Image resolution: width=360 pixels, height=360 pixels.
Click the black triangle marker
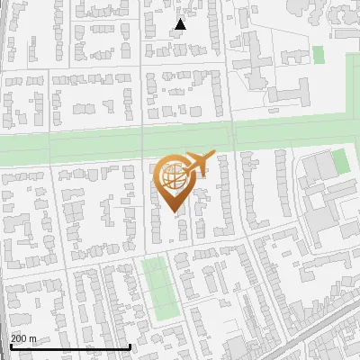pyautogui.click(x=180, y=24)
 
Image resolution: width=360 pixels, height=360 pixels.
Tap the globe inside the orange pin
pyautogui.click(x=172, y=177)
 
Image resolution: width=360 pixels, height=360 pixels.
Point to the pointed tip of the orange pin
pyautogui.click(x=172, y=212)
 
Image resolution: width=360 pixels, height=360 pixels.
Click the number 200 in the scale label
pyautogui.click(x=17, y=338)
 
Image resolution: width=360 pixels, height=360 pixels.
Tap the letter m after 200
pyautogui.click(x=33, y=338)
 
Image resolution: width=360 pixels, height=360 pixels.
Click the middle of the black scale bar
pyautogui.click(x=69, y=346)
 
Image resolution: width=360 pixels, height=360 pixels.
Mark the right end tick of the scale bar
pyautogui.click(x=130, y=346)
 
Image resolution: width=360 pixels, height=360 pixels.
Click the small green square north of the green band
pyautogui.click(x=318, y=54)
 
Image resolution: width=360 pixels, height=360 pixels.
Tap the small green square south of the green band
pyautogui.click(x=339, y=162)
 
